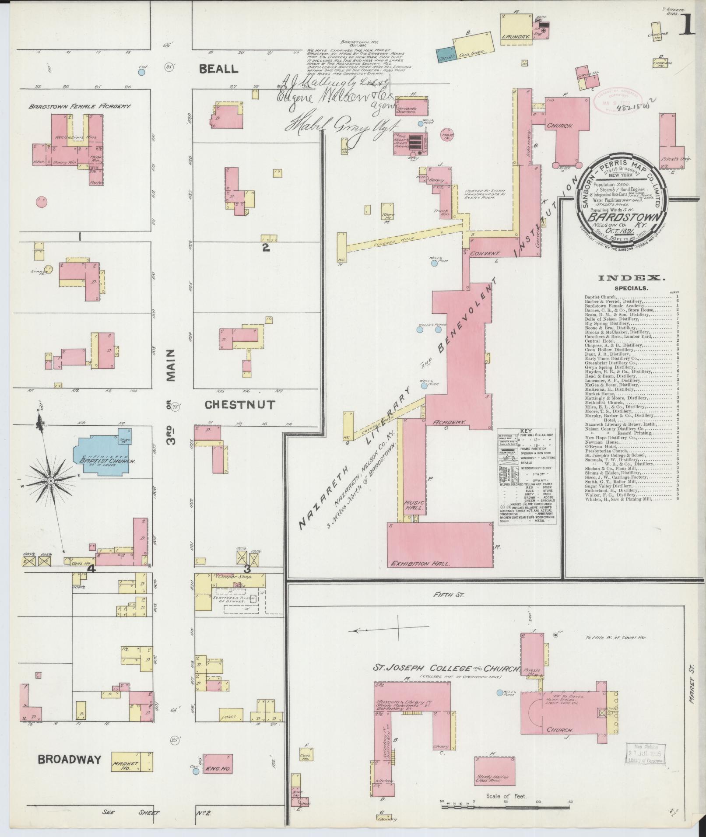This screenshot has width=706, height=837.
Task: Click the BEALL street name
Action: [x=218, y=69]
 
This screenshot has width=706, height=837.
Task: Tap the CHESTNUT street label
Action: [x=240, y=405]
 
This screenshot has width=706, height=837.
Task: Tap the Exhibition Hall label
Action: [x=420, y=564]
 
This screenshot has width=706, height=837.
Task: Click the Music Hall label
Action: [x=414, y=505]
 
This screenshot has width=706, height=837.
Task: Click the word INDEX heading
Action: [x=631, y=278]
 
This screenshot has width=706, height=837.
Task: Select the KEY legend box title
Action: [x=527, y=431]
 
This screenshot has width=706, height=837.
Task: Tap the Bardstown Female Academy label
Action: [x=81, y=106]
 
